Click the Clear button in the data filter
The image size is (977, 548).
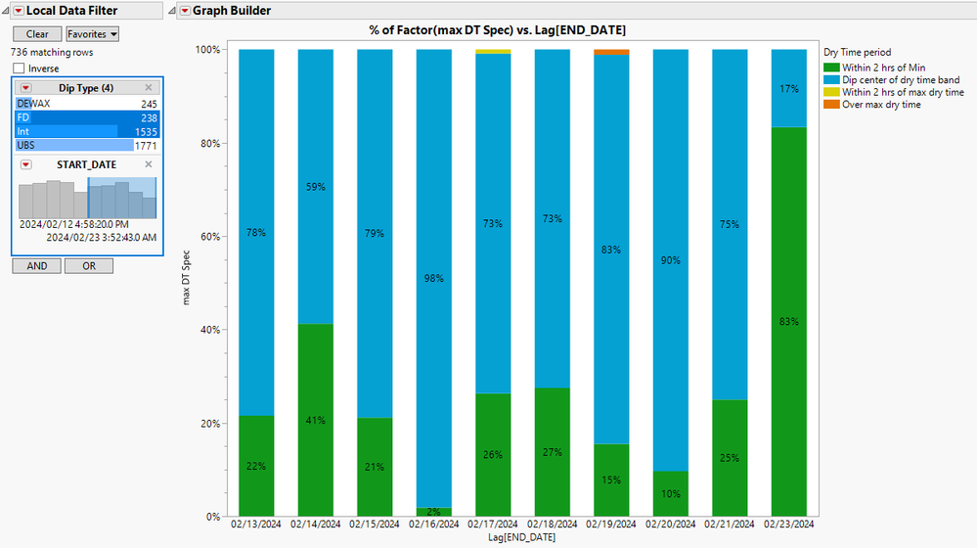coord(37,34)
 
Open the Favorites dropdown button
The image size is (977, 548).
coord(93,34)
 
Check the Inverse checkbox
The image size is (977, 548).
coord(20,68)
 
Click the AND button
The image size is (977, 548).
coord(36,266)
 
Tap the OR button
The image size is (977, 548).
coord(89,266)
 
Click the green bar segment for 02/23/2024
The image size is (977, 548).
coord(789,322)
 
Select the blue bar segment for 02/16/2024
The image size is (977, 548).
coord(433,279)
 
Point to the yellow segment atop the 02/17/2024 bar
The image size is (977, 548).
coord(493,52)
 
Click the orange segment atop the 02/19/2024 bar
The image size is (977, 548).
coord(611,52)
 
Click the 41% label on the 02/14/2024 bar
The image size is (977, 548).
coord(315,421)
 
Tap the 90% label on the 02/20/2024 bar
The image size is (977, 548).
coord(671,260)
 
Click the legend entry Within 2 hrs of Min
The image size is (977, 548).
coord(883,67)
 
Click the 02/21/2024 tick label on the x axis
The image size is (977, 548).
coord(730,525)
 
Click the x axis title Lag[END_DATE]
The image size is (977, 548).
coord(522,539)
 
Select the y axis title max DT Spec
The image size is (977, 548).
coord(185,277)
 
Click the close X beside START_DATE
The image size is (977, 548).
coord(149,164)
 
